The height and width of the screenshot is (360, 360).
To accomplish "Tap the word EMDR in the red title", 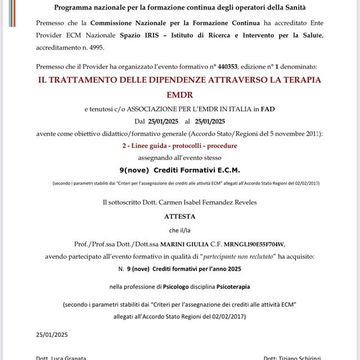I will tap(179, 96).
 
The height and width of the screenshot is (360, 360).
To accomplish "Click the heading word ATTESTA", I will tap(180, 215).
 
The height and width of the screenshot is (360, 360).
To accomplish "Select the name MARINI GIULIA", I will tap(183, 244).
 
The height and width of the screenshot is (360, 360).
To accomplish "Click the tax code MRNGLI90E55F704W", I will tap(254, 244).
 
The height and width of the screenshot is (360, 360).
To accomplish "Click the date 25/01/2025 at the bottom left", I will tap(52, 334).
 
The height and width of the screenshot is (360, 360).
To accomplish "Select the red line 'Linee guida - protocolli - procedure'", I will tap(179, 145).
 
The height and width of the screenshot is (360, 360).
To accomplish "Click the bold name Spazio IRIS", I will tap(139, 35).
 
